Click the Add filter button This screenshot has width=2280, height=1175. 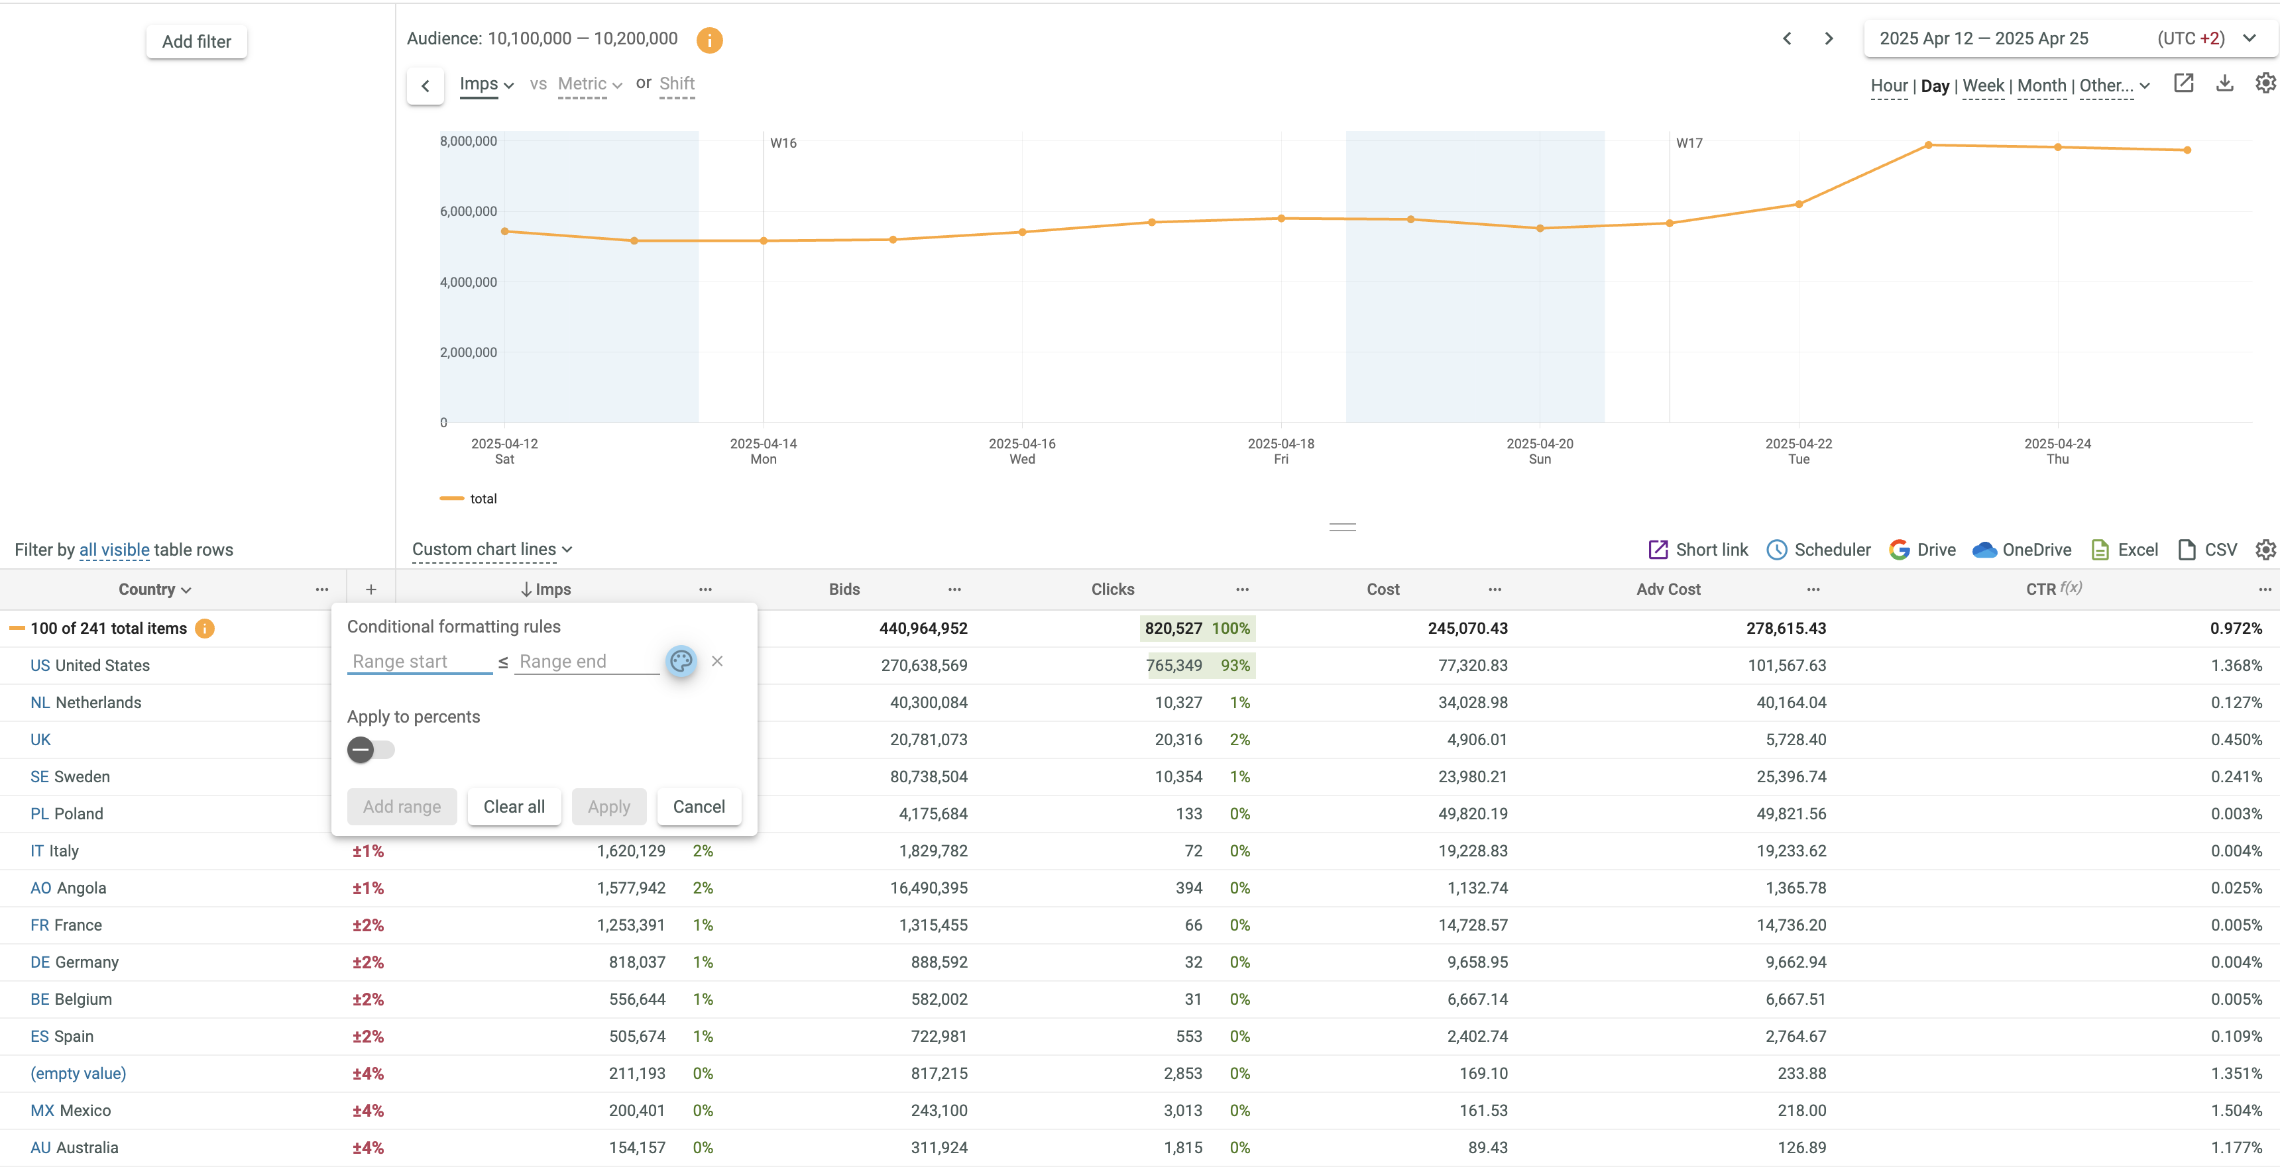(196, 42)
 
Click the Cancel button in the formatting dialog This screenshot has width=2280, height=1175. (699, 807)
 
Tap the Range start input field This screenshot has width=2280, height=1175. (419, 662)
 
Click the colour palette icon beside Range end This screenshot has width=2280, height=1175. (681, 661)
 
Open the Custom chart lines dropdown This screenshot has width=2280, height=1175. (492, 550)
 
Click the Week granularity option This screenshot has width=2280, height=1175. (1982, 86)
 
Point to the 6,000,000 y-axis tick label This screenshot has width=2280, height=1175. (468, 211)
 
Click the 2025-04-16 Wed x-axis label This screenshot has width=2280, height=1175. (1021, 451)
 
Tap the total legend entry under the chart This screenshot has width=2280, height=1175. (483, 499)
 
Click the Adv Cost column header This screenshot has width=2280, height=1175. (1668, 589)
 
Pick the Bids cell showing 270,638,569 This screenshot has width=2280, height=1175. (923, 666)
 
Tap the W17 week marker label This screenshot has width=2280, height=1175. (1689, 143)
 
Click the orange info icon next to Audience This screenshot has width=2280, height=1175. (709, 40)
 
